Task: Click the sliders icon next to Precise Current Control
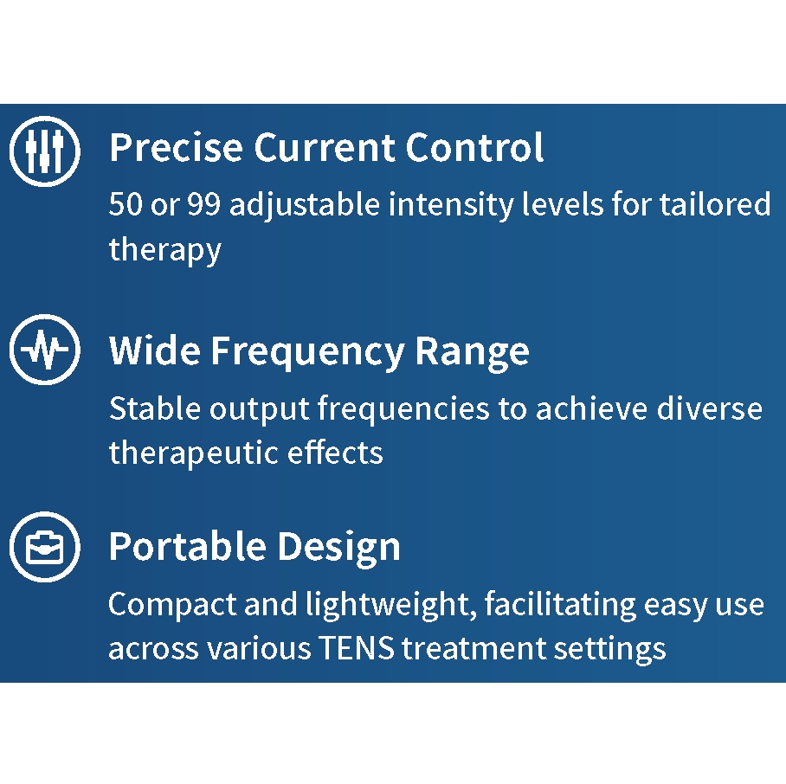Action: [x=44, y=152]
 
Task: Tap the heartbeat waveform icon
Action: [x=44, y=350]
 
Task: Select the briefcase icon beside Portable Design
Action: [x=44, y=548]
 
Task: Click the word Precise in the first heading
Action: [x=176, y=148]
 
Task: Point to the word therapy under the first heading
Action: [x=164, y=251]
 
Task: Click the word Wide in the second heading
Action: [x=154, y=351]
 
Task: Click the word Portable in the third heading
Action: [x=187, y=547]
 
